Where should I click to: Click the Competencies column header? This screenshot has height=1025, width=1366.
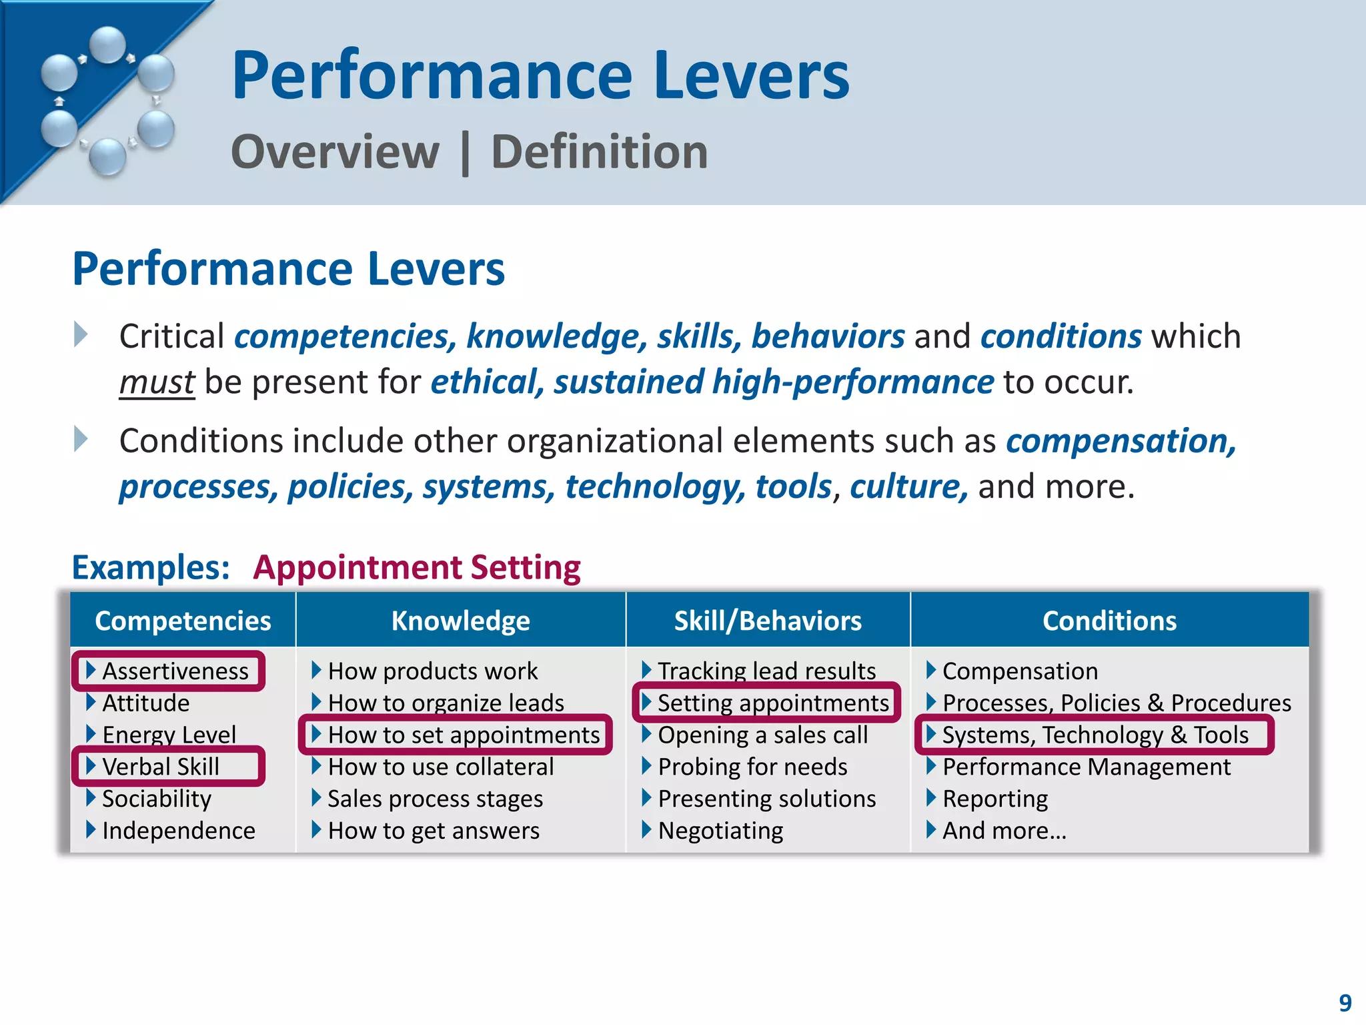(183, 621)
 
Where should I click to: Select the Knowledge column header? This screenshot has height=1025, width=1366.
(460, 621)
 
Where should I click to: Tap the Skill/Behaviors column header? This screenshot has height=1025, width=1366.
(768, 621)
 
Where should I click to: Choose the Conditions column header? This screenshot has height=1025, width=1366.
(1109, 621)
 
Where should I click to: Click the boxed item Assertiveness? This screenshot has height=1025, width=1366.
(175, 671)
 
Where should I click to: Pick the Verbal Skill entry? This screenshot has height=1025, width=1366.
(161, 767)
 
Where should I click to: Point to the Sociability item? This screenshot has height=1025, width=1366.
(157, 799)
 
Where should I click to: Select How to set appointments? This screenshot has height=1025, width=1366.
(464, 735)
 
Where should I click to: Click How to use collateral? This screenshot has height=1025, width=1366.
(441, 767)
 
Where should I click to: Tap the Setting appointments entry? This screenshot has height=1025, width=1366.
(773, 703)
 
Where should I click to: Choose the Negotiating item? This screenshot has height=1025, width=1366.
(720, 831)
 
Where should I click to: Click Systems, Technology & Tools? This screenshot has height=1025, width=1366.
(1095, 735)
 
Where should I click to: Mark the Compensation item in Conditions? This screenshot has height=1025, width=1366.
(1020, 671)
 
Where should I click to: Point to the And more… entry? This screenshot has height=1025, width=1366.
(1004, 831)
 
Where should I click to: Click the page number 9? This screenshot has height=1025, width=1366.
(1345, 1003)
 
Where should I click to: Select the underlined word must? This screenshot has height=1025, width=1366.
(157, 382)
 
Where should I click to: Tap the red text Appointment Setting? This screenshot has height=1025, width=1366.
(417, 568)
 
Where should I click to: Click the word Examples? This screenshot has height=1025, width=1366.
(151, 568)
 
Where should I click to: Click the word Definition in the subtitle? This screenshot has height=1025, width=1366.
(599, 152)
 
